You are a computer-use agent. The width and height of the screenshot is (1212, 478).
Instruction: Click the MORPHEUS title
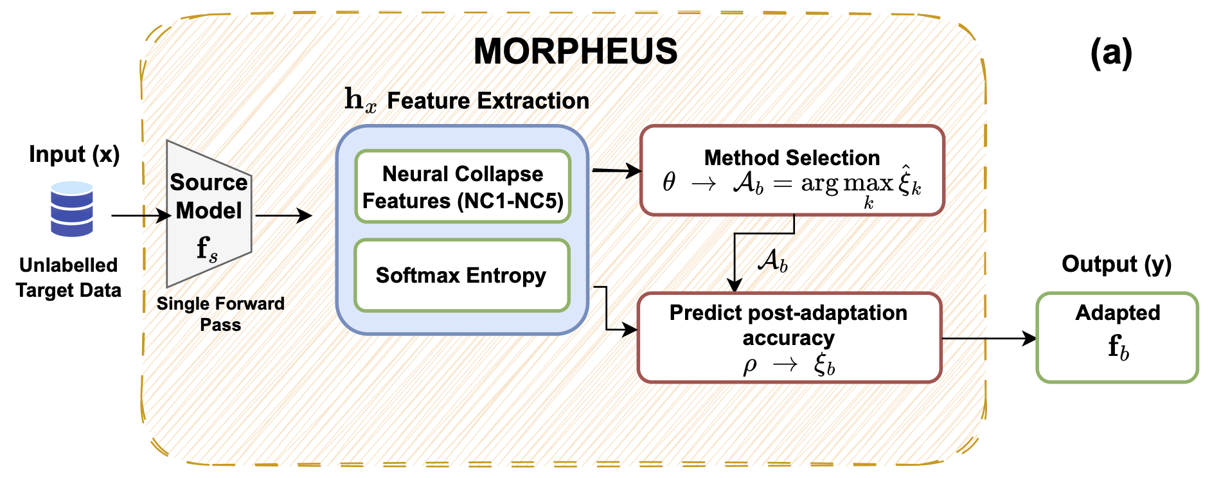(x=575, y=51)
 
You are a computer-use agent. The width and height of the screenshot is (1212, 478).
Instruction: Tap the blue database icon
(x=72, y=209)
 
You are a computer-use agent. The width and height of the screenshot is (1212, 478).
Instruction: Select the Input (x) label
(x=75, y=155)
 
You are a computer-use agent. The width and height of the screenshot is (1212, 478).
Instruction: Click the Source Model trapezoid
(x=209, y=213)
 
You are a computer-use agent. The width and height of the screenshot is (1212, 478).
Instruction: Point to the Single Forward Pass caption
(x=220, y=314)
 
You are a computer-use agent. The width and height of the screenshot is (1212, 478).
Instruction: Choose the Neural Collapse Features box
(x=463, y=187)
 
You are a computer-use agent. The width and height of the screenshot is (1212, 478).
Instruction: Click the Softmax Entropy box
(x=462, y=276)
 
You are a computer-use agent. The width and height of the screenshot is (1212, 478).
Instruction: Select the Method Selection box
(x=792, y=170)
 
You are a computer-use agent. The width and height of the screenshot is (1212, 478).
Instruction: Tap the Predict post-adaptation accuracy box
(x=789, y=338)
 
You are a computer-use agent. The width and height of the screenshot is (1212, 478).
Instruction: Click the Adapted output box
(x=1118, y=338)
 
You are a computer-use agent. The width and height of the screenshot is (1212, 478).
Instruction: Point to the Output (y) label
(x=1117, y=264)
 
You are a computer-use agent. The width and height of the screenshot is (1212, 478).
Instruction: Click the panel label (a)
(x=1111, y=53)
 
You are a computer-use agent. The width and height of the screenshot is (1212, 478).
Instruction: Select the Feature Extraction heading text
(x=488, y=101)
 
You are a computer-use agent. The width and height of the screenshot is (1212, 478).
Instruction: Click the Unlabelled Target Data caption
(x=69, y=278)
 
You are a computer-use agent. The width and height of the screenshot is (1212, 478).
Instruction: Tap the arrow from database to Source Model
(x=141, y=216)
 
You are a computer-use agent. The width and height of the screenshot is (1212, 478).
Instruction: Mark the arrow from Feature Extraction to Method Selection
(x=617, y=171)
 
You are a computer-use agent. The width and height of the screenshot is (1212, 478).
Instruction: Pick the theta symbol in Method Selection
(x=669, y=182)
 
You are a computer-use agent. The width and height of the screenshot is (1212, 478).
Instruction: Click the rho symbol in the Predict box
(x=750, y=366)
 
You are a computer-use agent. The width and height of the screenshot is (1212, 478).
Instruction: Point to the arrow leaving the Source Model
(x=283, y=216)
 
